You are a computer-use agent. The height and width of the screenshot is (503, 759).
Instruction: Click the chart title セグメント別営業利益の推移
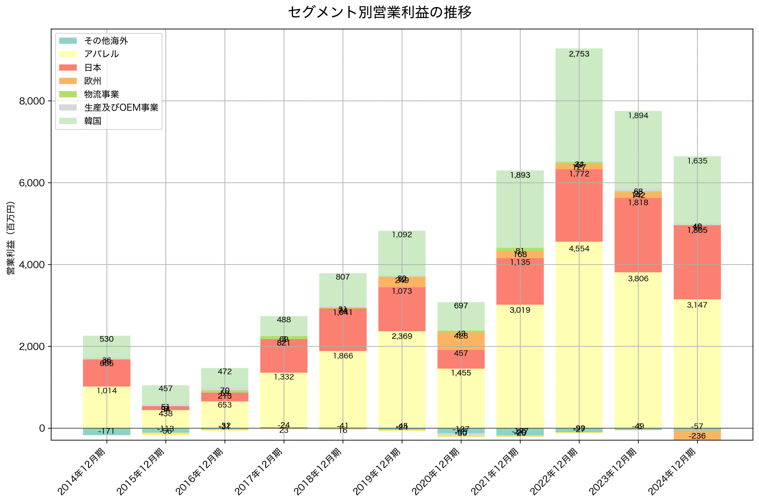[379, 12]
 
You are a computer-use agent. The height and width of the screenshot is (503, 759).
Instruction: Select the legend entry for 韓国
[93, 121]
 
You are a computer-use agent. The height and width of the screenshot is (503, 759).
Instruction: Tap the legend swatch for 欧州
[68, 81]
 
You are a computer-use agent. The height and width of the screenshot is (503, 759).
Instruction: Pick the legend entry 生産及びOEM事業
[121, 108]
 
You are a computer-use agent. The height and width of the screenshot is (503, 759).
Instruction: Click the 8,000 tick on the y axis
[32, 101]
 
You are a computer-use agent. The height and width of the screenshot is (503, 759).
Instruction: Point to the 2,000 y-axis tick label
[32, 347]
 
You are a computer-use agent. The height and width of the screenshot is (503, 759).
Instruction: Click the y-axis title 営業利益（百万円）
[11, 238]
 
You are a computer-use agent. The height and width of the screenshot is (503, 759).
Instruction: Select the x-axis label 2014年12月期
[82, 470]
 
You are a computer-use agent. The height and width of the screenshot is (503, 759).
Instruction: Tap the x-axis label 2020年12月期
[436, 470]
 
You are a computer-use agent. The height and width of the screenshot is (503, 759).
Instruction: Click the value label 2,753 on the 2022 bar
[579, 54]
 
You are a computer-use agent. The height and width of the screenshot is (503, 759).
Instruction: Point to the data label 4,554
[579, 249]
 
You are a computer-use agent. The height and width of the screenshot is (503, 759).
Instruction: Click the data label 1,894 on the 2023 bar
[638, 116]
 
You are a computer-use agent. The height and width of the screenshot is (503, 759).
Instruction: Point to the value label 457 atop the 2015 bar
[165, 389]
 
